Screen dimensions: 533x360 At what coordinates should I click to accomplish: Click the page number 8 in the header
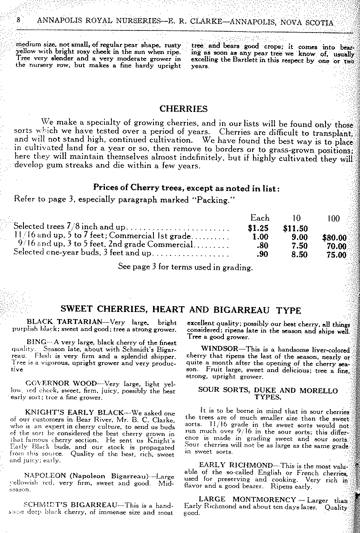click(x=19, y=21)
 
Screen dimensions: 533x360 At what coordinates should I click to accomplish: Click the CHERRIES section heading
click(x=183, y=109)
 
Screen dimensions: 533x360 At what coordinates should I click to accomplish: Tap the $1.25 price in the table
click(x=259, y=228)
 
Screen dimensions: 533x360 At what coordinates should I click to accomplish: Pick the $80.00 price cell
click(x=334, y=237)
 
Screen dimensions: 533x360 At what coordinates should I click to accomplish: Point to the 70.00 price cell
click(x=335, y=246)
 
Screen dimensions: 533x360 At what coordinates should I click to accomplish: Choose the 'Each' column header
click(x=260, y=218)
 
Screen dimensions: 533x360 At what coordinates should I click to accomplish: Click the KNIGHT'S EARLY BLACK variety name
click(x=74, y=412)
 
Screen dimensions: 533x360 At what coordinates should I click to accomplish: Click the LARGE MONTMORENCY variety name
click(x=247, y=499)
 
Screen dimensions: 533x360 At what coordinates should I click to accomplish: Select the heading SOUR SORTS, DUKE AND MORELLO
click(x=267, y=390)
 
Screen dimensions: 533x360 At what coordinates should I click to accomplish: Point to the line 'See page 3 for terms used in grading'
click(x=185, y=267)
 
